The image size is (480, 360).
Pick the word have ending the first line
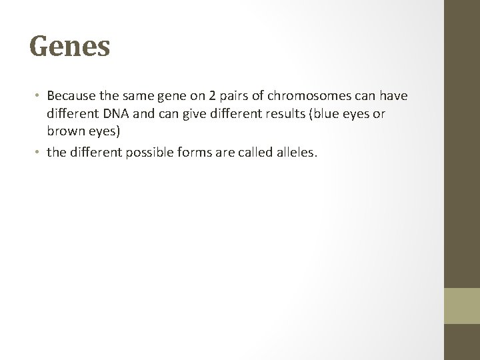[x=392, y=97]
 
